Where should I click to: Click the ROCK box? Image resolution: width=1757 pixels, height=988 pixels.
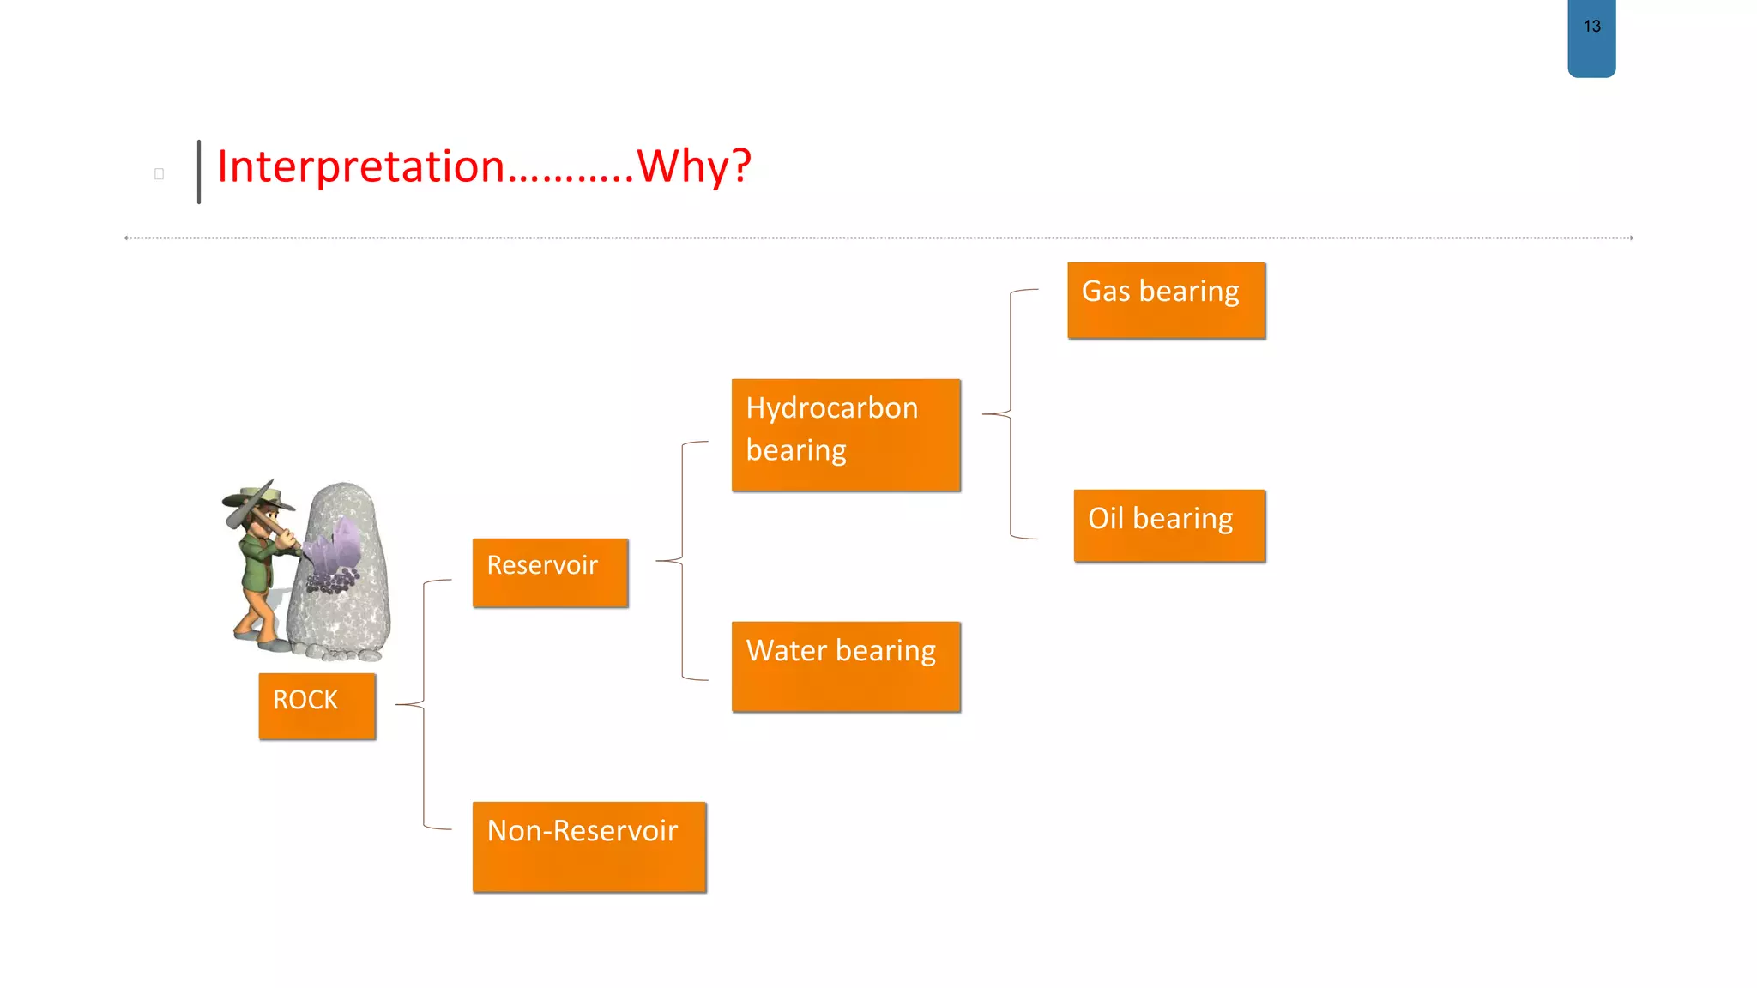[317, 705]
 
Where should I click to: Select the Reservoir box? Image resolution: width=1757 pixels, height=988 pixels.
[550, 572]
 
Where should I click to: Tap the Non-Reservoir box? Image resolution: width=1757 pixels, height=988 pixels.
[589, 846]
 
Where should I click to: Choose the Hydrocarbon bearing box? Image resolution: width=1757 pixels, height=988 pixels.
[846, 435]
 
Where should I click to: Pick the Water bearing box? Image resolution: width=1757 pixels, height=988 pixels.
[846, 666]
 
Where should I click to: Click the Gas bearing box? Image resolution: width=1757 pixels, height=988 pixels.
[1166, 300]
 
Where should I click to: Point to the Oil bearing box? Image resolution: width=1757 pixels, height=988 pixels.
[1169, 525]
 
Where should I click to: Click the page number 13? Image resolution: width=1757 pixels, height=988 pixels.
[1591, 27]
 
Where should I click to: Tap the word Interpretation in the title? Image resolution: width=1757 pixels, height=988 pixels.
[360, 166]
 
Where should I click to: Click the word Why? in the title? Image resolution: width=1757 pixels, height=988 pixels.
[694, 166]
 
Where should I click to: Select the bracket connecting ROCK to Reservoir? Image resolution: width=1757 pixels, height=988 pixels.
[424, 703]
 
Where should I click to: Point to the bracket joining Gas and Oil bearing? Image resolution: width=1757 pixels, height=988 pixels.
[1011, 414]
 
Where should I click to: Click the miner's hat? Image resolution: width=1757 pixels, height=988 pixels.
[257, 497]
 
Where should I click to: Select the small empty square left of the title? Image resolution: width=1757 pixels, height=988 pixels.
[159, 174]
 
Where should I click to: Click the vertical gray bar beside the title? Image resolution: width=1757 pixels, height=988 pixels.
[199, 172]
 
